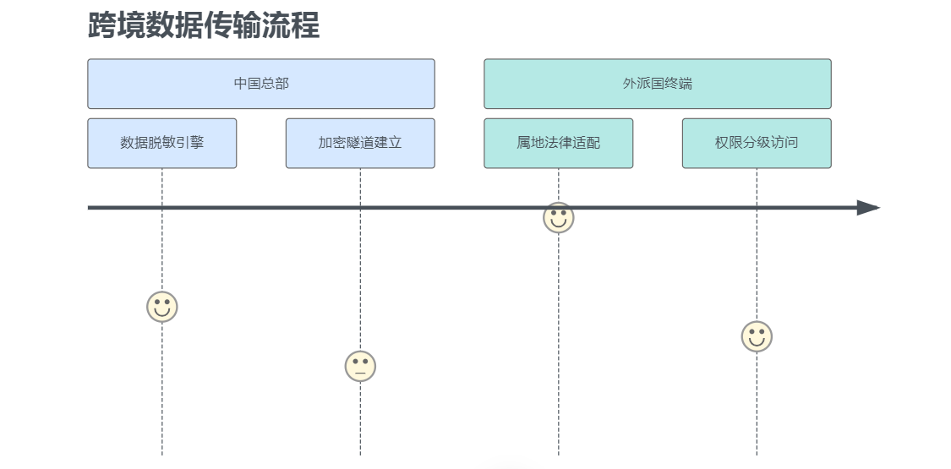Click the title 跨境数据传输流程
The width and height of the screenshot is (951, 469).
tap(204, 25)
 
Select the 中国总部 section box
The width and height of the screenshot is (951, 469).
tap(261, 84)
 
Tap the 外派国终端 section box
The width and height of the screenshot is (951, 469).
tap(657, 84)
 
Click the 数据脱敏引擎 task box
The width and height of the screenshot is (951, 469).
tap(162, 143)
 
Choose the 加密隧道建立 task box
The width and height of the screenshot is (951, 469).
tap(360, 143)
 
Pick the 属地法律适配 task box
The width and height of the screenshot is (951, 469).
tap(558, 143)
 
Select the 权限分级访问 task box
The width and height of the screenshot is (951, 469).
tap(757, 143)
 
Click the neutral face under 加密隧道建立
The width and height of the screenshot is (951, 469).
tap(360, 366)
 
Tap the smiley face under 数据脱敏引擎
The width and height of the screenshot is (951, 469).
tap(162, 307)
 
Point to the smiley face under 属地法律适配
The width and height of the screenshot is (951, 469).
tap(558, 217)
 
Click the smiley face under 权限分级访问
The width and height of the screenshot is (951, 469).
tap(757, 336)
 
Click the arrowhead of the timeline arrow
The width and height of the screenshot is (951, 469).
tap(869, 208)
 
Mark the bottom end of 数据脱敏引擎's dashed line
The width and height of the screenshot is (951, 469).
tap(162, 454)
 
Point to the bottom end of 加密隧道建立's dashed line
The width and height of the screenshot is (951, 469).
tap(360, 454)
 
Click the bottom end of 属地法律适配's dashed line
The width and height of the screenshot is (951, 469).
tap(558, 454)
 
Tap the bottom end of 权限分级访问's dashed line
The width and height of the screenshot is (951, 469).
tap(757, 454)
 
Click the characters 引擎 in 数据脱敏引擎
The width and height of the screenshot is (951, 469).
tap(190, 143)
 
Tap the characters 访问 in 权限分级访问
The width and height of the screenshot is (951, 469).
tap(784, 143)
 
